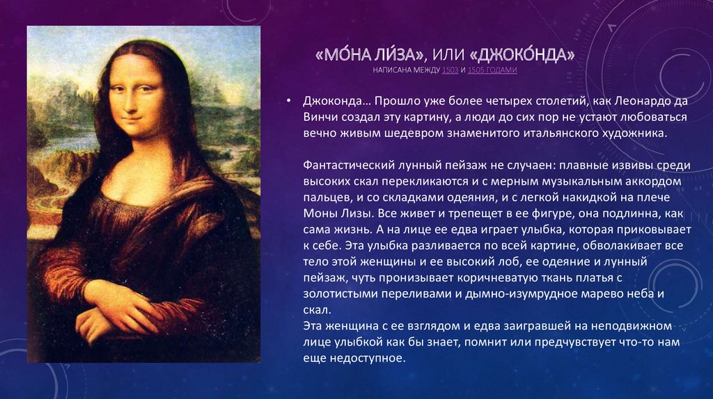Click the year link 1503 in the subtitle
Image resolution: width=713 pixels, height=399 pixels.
tap(449, 71)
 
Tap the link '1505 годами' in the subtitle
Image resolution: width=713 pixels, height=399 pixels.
tap(492, 71)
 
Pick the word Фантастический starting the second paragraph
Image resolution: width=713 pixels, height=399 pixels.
tap(344, 165)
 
